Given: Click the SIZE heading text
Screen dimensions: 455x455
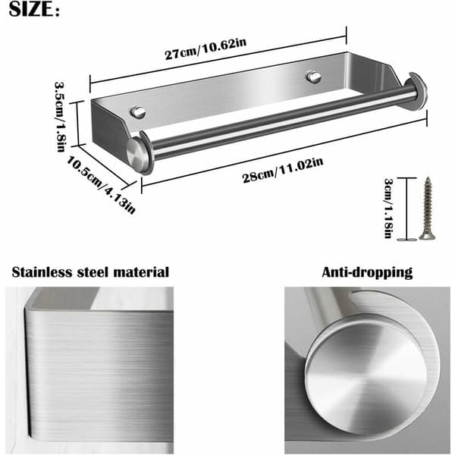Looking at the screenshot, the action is [x=34, y=9].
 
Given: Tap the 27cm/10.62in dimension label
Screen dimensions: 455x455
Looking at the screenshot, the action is [x=206, y=49].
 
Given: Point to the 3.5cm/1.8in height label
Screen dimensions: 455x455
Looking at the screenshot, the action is [x=60, y=117].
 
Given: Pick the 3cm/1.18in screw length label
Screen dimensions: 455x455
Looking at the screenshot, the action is [x=388, y=208].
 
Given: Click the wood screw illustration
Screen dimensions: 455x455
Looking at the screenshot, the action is [x=427, y=209].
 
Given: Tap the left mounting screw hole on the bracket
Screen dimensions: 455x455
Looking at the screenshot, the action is [x=138, y=112].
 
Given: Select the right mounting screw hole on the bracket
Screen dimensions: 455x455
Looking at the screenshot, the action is [x=314, y=77].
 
